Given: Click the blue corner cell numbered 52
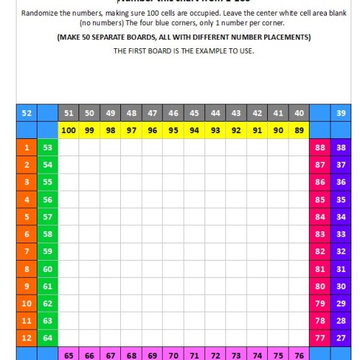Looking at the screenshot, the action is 27,113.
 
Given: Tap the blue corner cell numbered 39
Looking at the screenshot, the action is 340,113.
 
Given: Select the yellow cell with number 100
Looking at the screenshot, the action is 68,130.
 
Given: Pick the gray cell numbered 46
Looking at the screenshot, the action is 174,113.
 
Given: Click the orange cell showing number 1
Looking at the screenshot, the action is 27,148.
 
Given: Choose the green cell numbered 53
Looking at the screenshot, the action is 48,148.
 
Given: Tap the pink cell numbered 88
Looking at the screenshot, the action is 320,148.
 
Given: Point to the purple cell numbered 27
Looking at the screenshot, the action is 340,338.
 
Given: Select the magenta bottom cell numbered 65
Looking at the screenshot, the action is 68,355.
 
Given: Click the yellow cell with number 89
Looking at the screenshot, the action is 299,130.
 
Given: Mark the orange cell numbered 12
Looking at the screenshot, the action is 27,338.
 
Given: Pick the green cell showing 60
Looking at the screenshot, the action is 48,269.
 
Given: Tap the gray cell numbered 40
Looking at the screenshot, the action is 299,113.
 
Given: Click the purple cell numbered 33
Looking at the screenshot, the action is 340,234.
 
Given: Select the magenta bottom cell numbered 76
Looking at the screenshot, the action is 299,355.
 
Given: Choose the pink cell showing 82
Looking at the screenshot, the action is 320,251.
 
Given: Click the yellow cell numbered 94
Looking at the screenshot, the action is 194,130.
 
